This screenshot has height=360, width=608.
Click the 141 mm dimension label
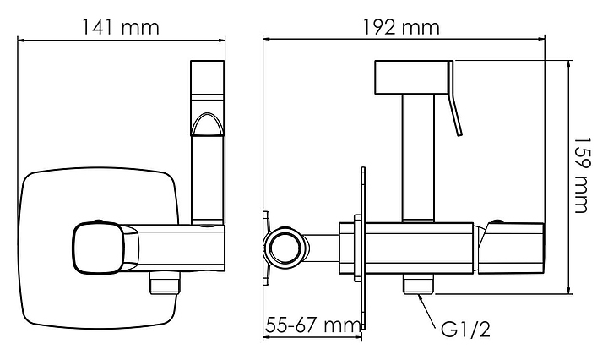click(120, 27)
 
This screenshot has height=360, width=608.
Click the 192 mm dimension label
click(401, 27)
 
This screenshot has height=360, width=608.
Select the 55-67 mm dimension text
click(313, 325)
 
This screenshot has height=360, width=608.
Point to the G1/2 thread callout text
click(465, 330)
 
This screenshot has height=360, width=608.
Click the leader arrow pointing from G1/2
click(428, 311)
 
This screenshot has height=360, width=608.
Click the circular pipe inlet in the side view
click(286, 247)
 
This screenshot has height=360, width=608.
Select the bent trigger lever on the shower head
click(453, 99)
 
